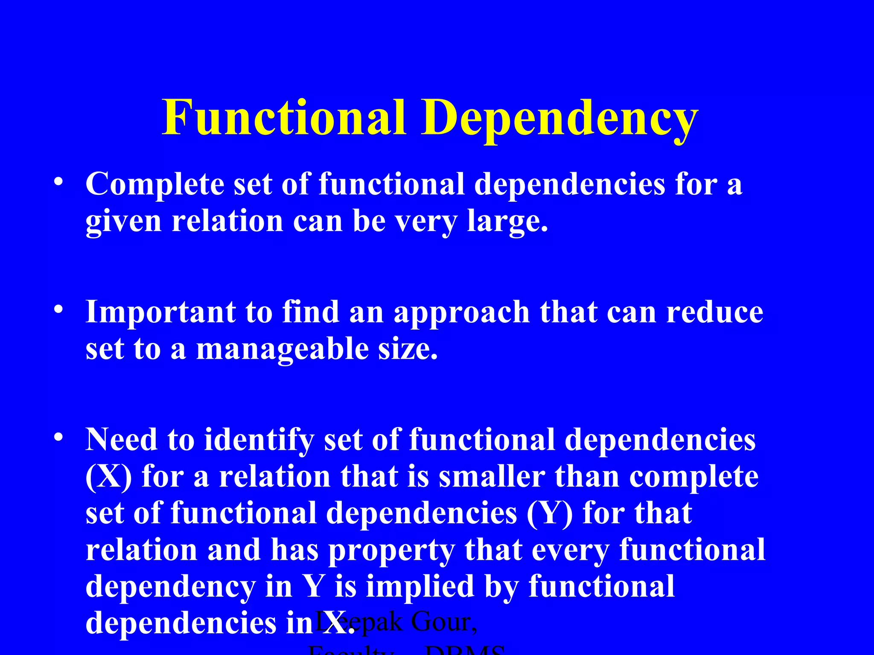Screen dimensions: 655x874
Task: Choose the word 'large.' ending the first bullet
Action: click(507, 222)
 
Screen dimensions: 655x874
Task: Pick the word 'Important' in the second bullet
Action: click(160, 312)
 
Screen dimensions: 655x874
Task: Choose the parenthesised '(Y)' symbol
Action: click(550, 513)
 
